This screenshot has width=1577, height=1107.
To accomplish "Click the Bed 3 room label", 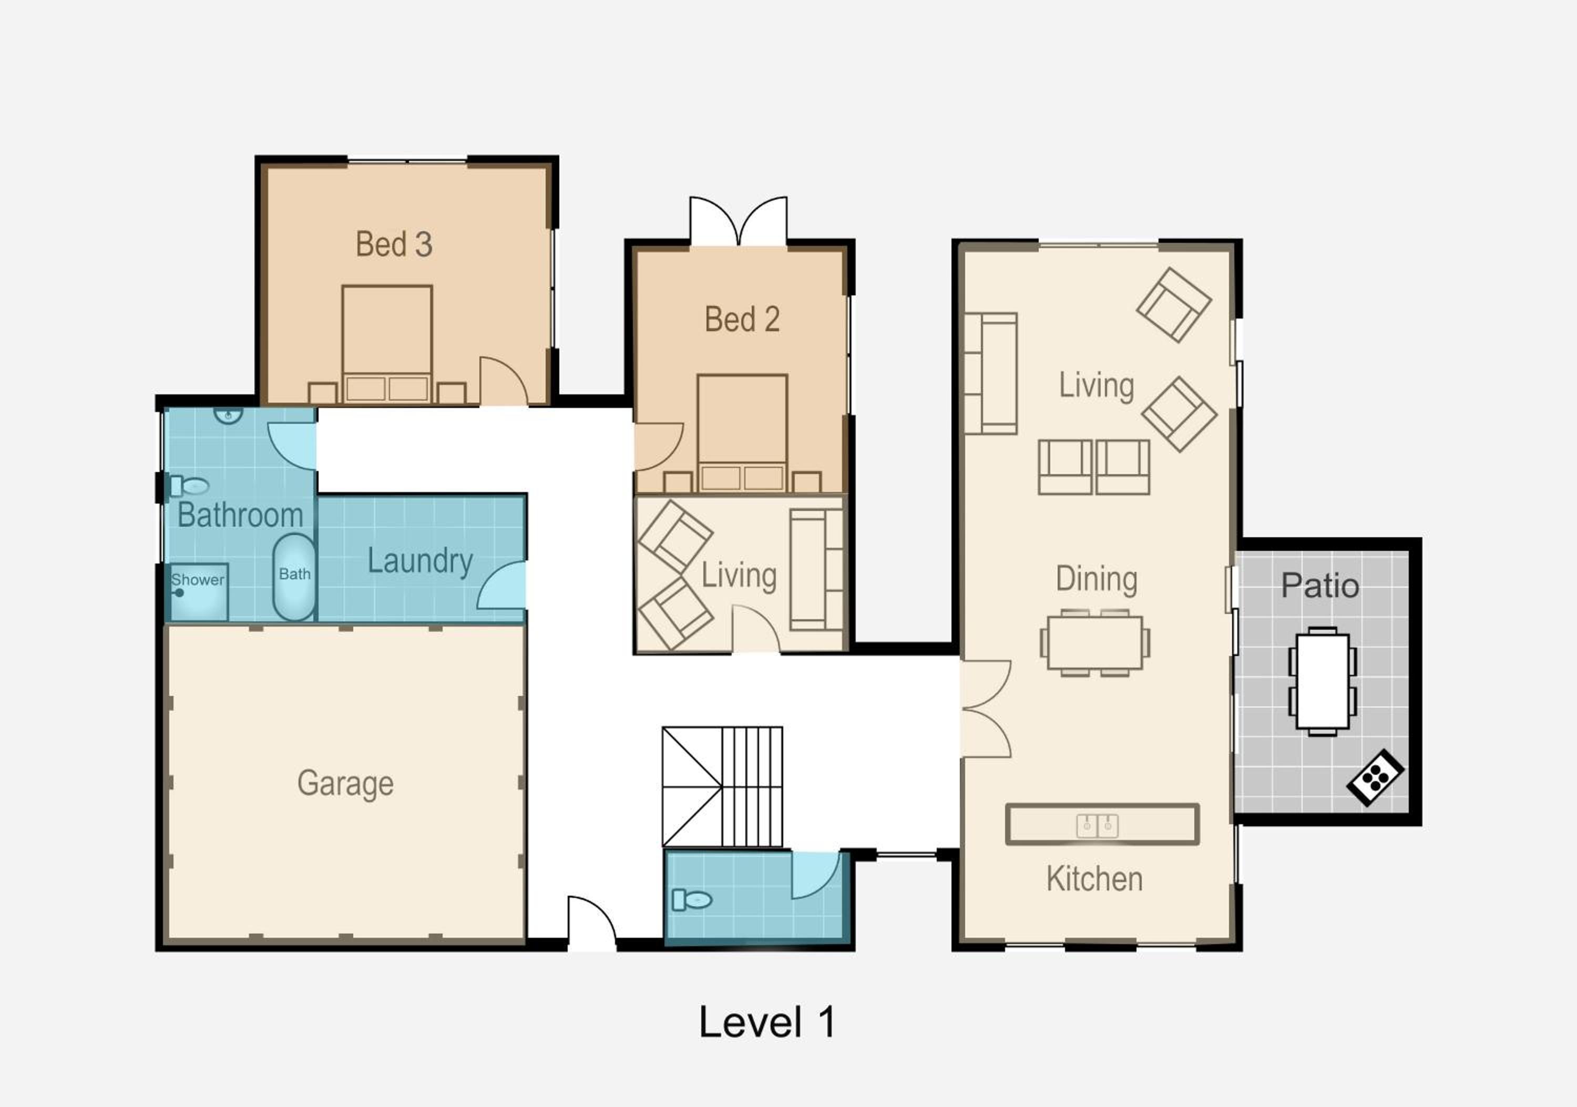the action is (394, 244).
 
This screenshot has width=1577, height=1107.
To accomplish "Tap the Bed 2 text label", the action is (742, 320).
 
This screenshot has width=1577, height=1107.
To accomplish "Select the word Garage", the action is (345, 784).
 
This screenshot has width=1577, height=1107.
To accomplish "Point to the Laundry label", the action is (421, 561).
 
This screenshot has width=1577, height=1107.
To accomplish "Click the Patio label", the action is (1320, 586).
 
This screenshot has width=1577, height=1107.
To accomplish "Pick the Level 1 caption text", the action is (767, 1022).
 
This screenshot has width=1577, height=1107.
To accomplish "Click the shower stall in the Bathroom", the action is (198, 592).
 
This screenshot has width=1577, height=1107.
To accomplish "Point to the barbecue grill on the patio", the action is (1375, 777).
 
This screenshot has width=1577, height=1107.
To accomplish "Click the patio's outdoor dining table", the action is (1322, 681).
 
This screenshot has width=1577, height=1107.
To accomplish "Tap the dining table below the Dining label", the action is (1095, 643).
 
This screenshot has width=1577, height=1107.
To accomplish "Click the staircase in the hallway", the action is (722, 787).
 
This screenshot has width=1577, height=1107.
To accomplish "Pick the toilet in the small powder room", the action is (692, 899).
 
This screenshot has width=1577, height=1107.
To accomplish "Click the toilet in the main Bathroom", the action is (189, 486).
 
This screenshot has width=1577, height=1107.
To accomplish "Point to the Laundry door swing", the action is (501, 585).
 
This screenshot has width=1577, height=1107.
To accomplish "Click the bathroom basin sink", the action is (228, 414).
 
